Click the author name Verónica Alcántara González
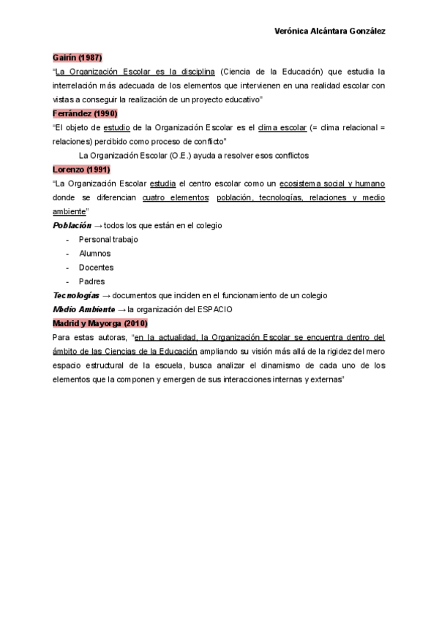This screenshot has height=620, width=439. [x=329, y=31]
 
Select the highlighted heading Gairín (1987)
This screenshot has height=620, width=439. [x=77, y=58]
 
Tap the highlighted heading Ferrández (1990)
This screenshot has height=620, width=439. [x=85, y=113]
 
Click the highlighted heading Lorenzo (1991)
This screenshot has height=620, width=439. [x=81, y=170]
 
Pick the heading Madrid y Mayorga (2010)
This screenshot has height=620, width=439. [x=100, y=323]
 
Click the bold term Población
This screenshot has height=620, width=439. [x=72, y=226]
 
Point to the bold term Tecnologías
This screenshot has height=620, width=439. [x=76, y=295]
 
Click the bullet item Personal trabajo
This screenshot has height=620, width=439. [x=108, y=240]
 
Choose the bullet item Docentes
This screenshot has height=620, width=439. [x=96, y=268]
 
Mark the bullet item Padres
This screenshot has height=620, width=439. [x=91, y=281]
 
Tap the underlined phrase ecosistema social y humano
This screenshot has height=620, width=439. [x=332, y=184]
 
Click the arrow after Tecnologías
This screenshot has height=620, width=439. [x=106, y=295]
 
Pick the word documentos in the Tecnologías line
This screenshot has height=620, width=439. [x=136, y=295]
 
